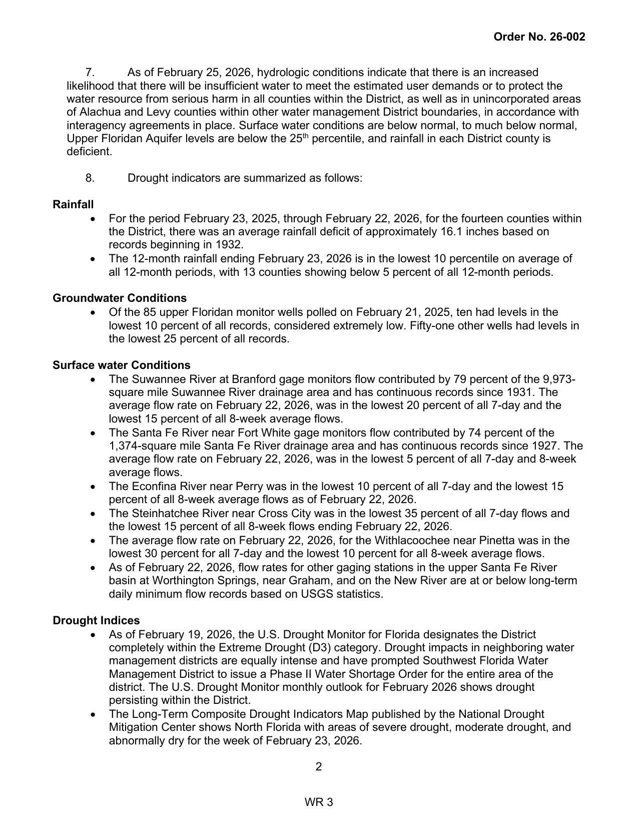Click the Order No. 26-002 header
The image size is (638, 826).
point(539,37)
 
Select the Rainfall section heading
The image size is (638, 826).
point(73,204)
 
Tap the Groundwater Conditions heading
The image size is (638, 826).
point(120,298)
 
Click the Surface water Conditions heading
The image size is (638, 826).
point(122,365)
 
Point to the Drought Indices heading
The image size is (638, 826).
point(96,621)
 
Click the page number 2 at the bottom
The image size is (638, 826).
point(319,767)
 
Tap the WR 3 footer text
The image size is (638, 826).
point(319,802)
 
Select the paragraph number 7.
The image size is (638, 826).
point(90,73)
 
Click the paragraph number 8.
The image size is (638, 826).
point(90,178)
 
